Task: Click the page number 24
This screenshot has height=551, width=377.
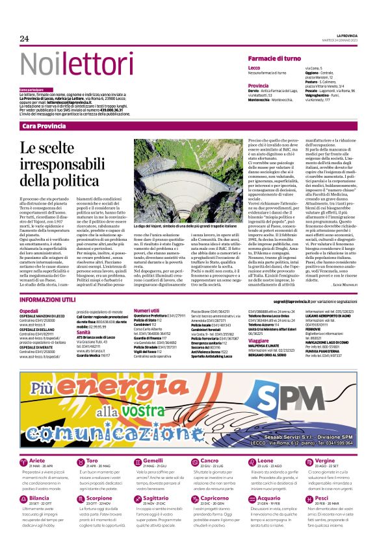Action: (x=25, y=39)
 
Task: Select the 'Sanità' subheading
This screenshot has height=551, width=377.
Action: (x=84, y=332)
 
